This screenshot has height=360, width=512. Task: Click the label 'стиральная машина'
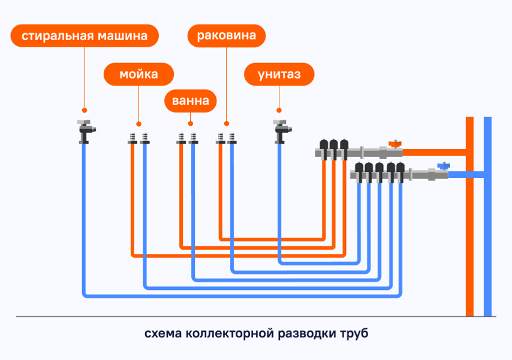coord(85,35)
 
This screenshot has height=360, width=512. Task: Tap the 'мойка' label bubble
coord(138,74)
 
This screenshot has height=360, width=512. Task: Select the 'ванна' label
coord(191,101)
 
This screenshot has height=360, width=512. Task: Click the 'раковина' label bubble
coord(226,35)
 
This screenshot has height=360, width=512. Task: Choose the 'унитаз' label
coord(279,74)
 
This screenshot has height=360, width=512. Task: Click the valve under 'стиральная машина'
coord(86,132)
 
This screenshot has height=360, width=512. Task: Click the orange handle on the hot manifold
coord(395,144)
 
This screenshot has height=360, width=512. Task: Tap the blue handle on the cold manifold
coord(444,166)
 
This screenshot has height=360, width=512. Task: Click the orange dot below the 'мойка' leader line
coord(138,124)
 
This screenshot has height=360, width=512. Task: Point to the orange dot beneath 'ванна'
coord(191,124)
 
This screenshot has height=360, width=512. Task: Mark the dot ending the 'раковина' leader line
coord(226,124)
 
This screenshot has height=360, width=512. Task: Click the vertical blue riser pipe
coord(487,216)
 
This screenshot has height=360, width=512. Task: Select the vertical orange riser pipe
coord(469,216)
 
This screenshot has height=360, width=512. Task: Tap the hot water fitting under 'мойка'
coord(132,138)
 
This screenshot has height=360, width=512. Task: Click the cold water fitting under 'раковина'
coord(232,138)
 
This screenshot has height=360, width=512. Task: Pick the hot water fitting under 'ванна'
coord(181,138)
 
